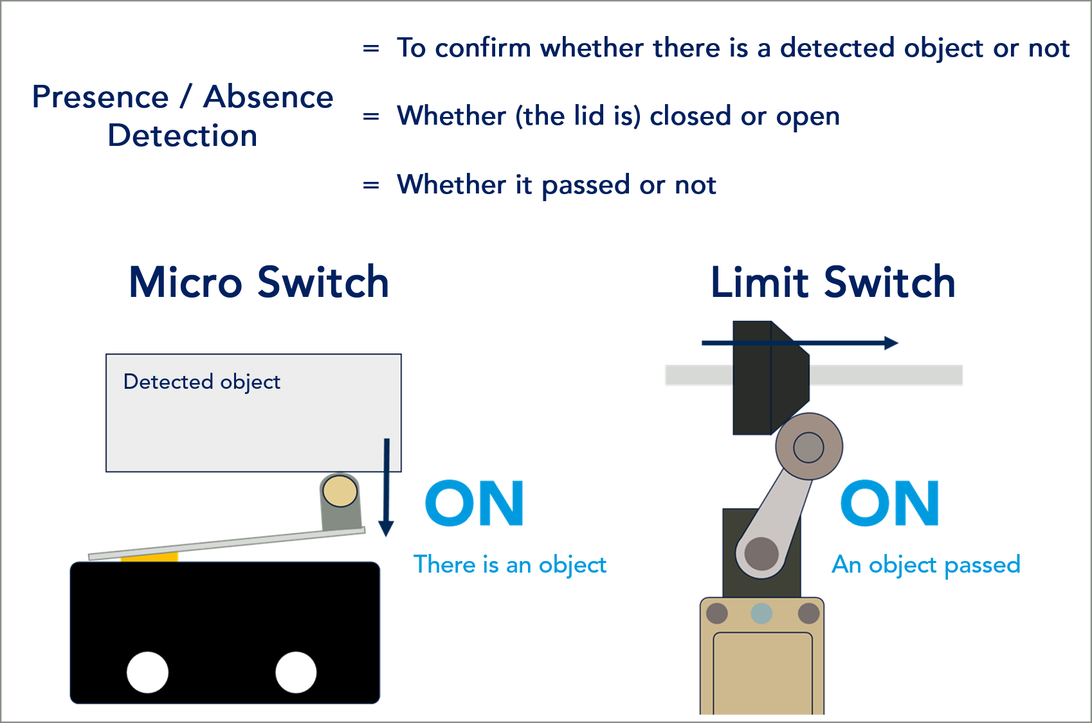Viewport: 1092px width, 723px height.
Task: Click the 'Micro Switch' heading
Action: click(x=259, y=283)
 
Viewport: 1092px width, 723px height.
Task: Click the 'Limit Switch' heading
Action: click(x=833, y=283)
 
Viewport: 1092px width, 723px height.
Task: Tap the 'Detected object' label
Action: click(x=201, y=382)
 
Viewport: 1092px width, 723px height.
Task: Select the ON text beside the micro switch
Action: click(x=475, y=503)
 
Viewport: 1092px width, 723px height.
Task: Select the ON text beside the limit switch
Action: click(x=889, y=503)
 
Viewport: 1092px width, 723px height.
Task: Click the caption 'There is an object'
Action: click(x=509, y=565)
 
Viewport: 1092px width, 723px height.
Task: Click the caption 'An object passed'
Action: click(x=925, y=565)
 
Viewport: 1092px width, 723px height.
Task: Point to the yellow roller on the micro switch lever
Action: click(x=340, y=492)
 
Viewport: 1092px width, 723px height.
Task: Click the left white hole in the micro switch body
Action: click(x=148, y=672)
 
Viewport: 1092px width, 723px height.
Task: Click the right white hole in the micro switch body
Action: click(x=296, y=672)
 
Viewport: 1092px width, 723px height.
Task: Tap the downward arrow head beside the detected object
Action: click(x=386, y=528)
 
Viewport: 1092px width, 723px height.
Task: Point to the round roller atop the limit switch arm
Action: click(x=808, y=447)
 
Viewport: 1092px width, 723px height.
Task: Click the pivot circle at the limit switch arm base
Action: click(x=761, y=553)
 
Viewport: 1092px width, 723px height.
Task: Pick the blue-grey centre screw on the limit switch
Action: click(x=761, y=613)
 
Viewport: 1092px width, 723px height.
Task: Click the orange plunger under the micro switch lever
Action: click(x=149, y=557)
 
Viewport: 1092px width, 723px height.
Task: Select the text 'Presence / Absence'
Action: click(x=183, y=98)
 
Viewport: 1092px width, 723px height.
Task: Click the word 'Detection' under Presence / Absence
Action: click(x=183, y=136)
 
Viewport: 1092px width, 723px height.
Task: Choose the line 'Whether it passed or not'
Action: click(x=556, y=185)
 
